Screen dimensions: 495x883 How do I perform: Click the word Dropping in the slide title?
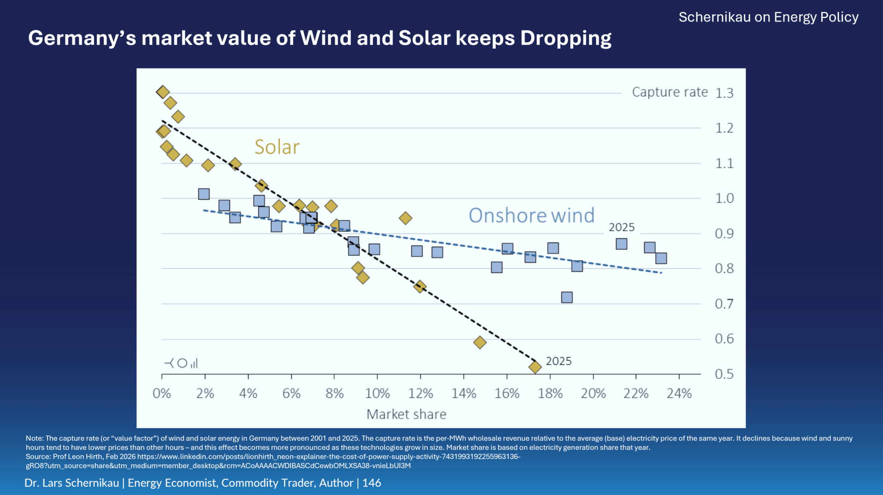click(x=566, y=39)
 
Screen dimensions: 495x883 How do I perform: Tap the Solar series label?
click(x=277, y=147)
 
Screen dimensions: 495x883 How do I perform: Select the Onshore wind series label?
click(x=531, y=215)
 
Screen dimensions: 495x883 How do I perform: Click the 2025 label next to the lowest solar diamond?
click(x=558, y=361)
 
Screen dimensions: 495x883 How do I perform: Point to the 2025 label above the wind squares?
click(x=621, y=227)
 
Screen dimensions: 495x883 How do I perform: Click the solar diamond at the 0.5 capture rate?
click(x=535, y=367)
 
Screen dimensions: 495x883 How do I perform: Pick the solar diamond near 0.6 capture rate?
click(x=480, y=342)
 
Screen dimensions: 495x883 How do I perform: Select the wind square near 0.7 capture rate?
click(x=567, y=297)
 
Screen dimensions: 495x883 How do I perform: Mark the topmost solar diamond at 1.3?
click(x=163, y=92)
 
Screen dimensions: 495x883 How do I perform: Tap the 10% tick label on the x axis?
click(x=377, y=393)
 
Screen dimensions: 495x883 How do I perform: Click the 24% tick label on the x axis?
click(x=679, y=393)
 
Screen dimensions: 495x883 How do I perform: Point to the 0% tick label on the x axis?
click(x=162, y=393)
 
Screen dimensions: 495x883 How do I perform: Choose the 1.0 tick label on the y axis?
click(x=724, y=198)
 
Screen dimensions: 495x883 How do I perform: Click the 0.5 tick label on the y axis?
click(x=724, y=374)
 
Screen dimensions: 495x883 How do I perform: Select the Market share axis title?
click(x=406, y=414)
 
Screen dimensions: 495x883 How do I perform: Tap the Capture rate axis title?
click(x=670, y=92)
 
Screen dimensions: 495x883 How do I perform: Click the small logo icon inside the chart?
click(x=181, y=363)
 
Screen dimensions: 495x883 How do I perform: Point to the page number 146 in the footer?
click(x=372, y=483)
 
